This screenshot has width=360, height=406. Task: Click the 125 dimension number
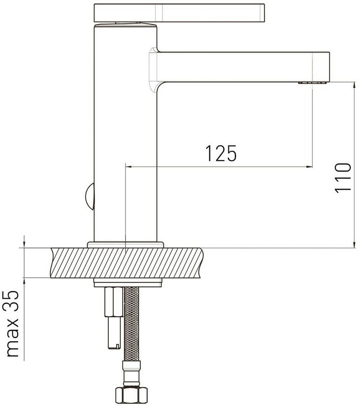pyautogui.click(x=221, y=153)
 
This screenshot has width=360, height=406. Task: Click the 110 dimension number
pyautogui.click(x=343, y=178)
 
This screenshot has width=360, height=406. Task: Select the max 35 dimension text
pyautogui.click(x=13, y=324)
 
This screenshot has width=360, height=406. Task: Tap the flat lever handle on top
pyautogui.click(x=179, y=13)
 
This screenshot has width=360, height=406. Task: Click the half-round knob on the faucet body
pyautogui.click(x=90, y=196)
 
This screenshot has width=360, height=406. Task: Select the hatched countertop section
pyautogui.click(x=126, y=263)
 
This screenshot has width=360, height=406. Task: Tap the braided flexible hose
pyautogui.click(x=132, y=323)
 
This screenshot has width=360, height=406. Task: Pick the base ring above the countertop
pyautogui.click(x=125, y=245)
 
